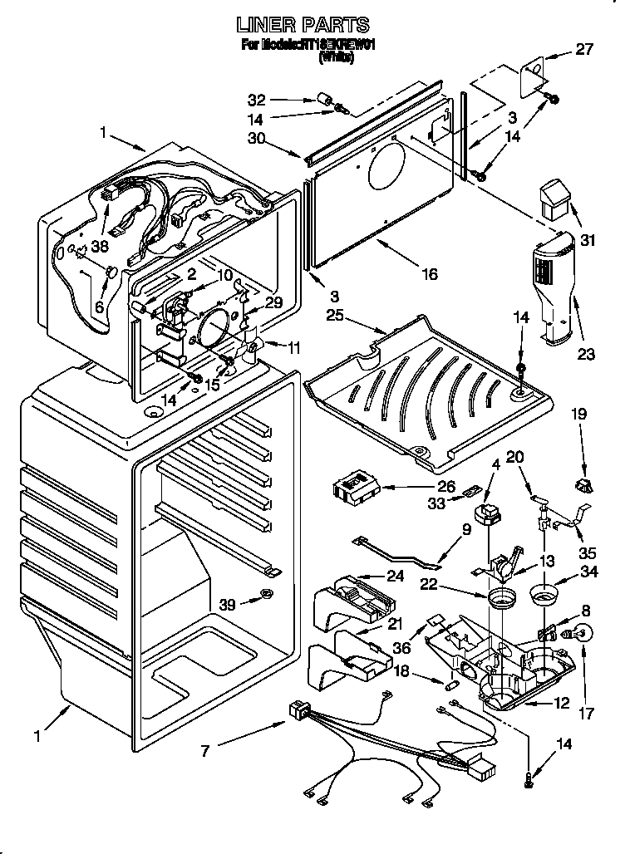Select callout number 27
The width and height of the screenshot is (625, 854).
[585, 49]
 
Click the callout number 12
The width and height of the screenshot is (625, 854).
[561, 704]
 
